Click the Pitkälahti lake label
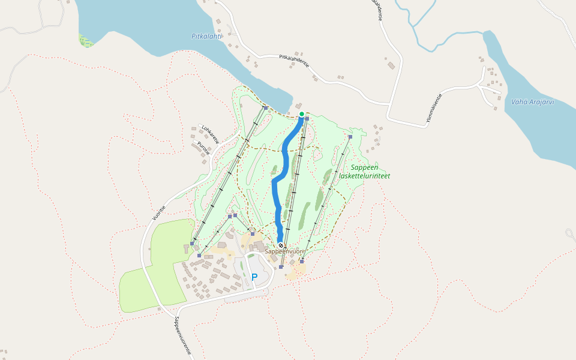(x=206, y=37)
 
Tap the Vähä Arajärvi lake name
(x=532, y=102)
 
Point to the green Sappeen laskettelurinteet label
(x=364, y=172)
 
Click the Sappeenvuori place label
(x=285, y=252)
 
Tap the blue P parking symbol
(x=254, y=277)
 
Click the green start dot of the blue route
(x=301, y=114)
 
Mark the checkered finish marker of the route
(x=280, y=245)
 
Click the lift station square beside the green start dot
(x=307, y=119)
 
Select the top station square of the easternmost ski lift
(x=350, y=137)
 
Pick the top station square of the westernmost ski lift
(x=265, y=108)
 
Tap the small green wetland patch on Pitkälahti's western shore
(x=86, y=41)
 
